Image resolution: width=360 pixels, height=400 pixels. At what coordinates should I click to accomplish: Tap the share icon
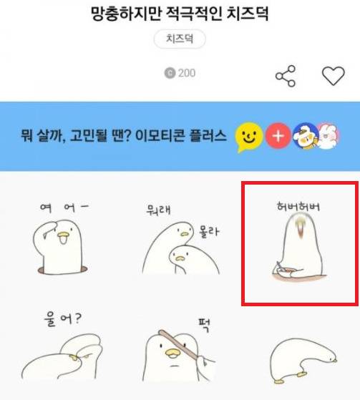286,76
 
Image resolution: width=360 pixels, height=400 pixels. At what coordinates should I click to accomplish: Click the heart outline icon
333,76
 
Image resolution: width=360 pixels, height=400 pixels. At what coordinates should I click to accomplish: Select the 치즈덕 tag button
180,39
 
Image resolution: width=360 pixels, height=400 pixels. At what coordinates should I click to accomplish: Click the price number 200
186,73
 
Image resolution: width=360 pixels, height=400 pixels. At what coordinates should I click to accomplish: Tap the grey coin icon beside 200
170,73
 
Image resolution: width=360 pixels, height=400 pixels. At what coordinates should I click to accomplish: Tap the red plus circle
278,135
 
